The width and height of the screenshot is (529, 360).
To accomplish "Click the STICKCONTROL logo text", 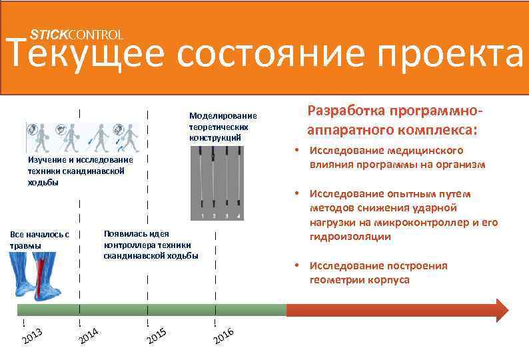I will tap(77, 34).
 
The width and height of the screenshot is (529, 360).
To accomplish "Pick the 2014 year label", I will tap(88, 336).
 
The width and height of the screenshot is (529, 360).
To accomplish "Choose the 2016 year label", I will tap(223, 337).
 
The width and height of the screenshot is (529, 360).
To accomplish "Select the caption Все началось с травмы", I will tap(39, 240).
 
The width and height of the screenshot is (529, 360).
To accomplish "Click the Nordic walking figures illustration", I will tap(83, 137).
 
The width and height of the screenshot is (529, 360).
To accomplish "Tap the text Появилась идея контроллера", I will tap(151, 245).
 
